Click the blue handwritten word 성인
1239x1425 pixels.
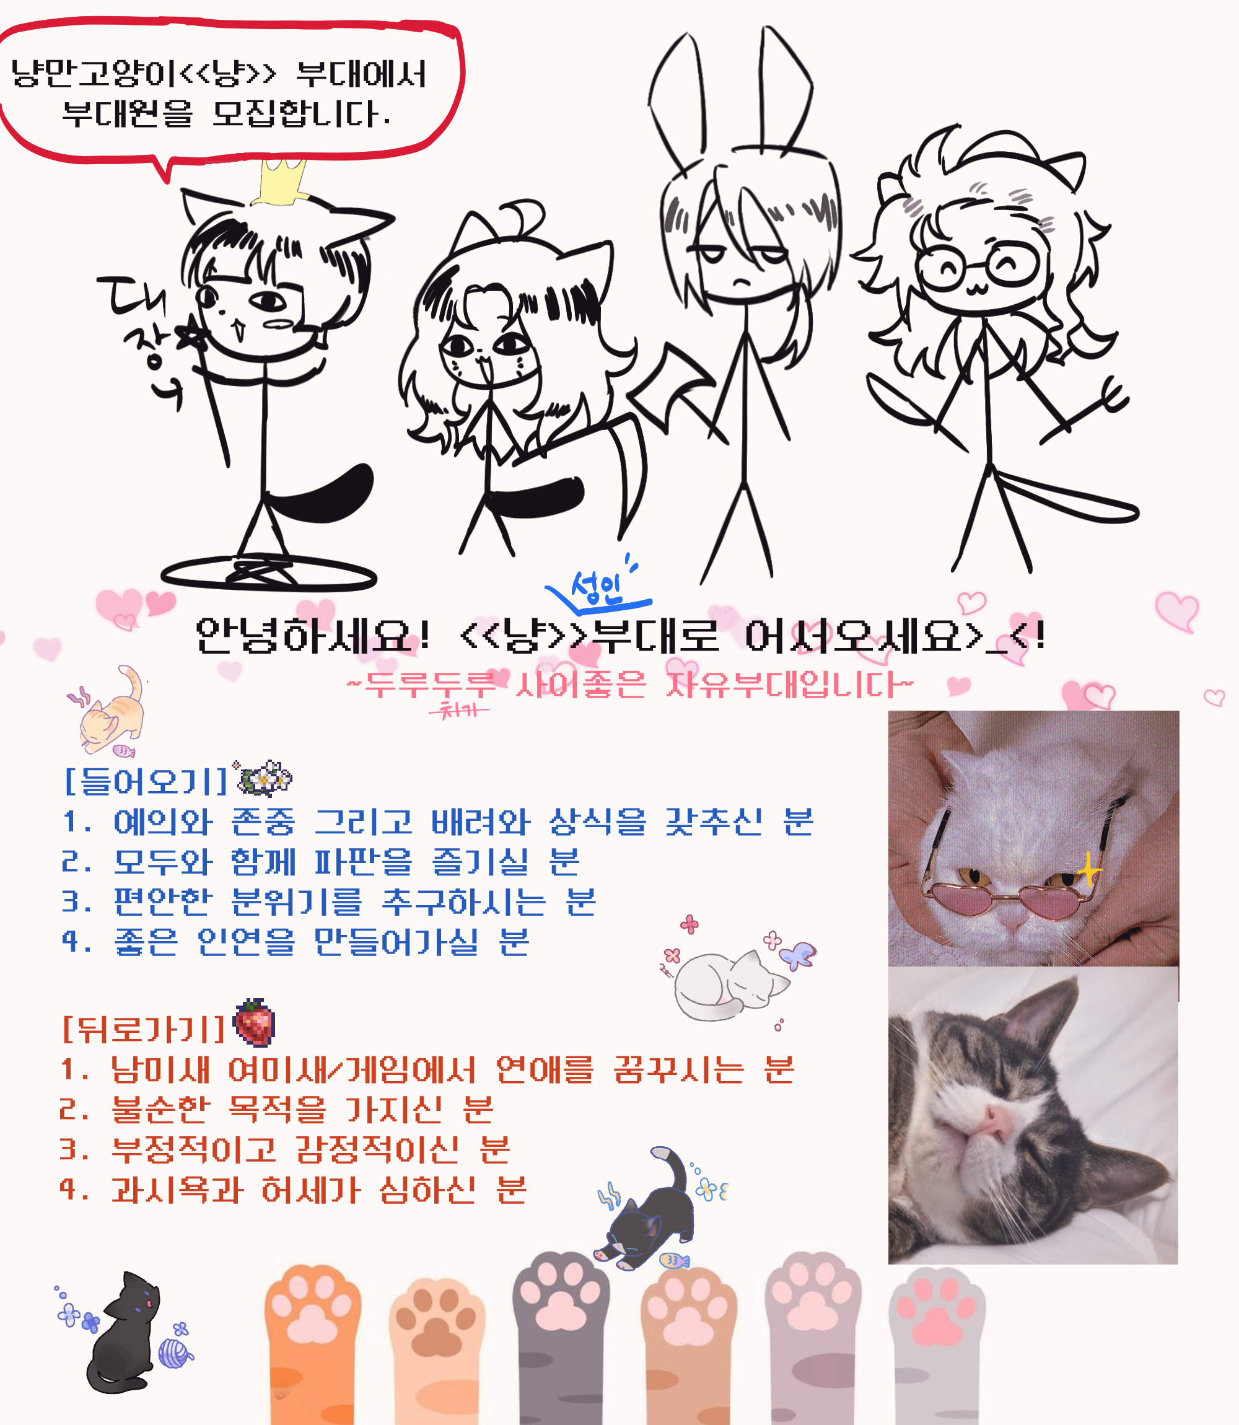point(596,589)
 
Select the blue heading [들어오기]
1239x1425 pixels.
point(145,781)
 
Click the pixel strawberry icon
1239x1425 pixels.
point(255,1022)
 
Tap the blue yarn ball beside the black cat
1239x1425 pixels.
point(175,1353)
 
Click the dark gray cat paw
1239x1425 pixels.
point(561,1335)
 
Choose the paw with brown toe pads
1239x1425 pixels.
point(437,1348)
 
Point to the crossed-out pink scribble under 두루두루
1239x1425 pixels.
point(458,709)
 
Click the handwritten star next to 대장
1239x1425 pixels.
point(191,336)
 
